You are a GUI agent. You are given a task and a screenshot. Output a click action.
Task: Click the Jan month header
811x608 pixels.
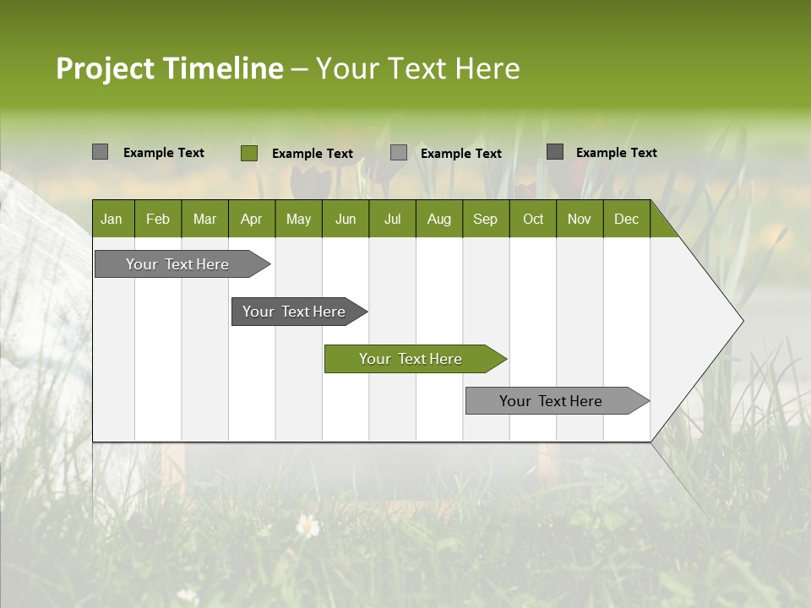tap(112, 220)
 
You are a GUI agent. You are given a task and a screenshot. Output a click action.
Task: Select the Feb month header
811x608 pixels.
tap(158, 220)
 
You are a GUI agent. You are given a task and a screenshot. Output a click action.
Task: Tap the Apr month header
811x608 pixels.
tap(251, 220)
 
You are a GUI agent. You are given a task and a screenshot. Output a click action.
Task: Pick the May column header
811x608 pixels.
tap(298, 220)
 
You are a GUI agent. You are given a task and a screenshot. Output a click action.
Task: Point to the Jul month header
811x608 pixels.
tap(392, 220)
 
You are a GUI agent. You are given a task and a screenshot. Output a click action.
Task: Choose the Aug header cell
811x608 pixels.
tap(438, 220)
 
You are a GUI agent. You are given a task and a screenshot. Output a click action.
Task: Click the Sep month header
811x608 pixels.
tap(485, 220)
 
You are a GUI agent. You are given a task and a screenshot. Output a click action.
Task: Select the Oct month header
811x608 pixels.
tap(533, 220)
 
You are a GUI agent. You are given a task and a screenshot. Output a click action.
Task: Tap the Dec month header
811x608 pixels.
tap(626, 220)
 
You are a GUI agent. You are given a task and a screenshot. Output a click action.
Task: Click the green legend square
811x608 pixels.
tap(248, 153)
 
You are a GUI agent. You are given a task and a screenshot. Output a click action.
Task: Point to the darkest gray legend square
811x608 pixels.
tap(555, 152)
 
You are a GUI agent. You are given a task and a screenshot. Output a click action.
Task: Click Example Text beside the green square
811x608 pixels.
tap(312, 154)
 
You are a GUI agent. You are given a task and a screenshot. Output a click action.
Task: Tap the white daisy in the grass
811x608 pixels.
tap(308, 527)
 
